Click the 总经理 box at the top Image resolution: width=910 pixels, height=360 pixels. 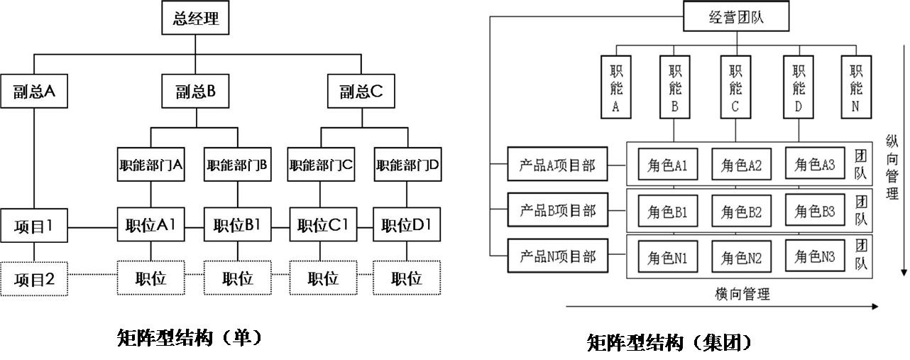coord(196,19)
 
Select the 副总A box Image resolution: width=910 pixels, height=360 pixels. coord(33,91)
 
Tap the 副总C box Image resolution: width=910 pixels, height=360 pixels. coord(361,91)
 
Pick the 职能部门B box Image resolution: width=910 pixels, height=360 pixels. coord(237,165)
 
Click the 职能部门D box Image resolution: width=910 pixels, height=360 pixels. coord(407,165)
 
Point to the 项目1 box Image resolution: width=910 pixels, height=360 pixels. coord(33,227)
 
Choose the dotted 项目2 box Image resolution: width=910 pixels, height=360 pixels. coord(33,279)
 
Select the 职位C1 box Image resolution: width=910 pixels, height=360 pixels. coord(323,227)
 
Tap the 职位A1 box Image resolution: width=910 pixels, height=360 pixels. coord(150,227)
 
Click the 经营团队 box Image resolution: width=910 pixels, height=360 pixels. coord(736,17)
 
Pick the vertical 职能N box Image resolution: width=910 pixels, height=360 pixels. coord(856,88)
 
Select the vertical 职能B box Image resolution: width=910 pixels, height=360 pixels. coord(675,88)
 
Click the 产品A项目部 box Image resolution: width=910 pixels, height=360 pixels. coord(557,166)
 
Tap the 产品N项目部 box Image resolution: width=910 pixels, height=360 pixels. coord(557,257)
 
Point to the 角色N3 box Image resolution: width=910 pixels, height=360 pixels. coord(815,256)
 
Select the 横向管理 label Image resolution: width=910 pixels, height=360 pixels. coord(742,293)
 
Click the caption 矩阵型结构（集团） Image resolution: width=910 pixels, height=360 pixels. coord(669,343)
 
